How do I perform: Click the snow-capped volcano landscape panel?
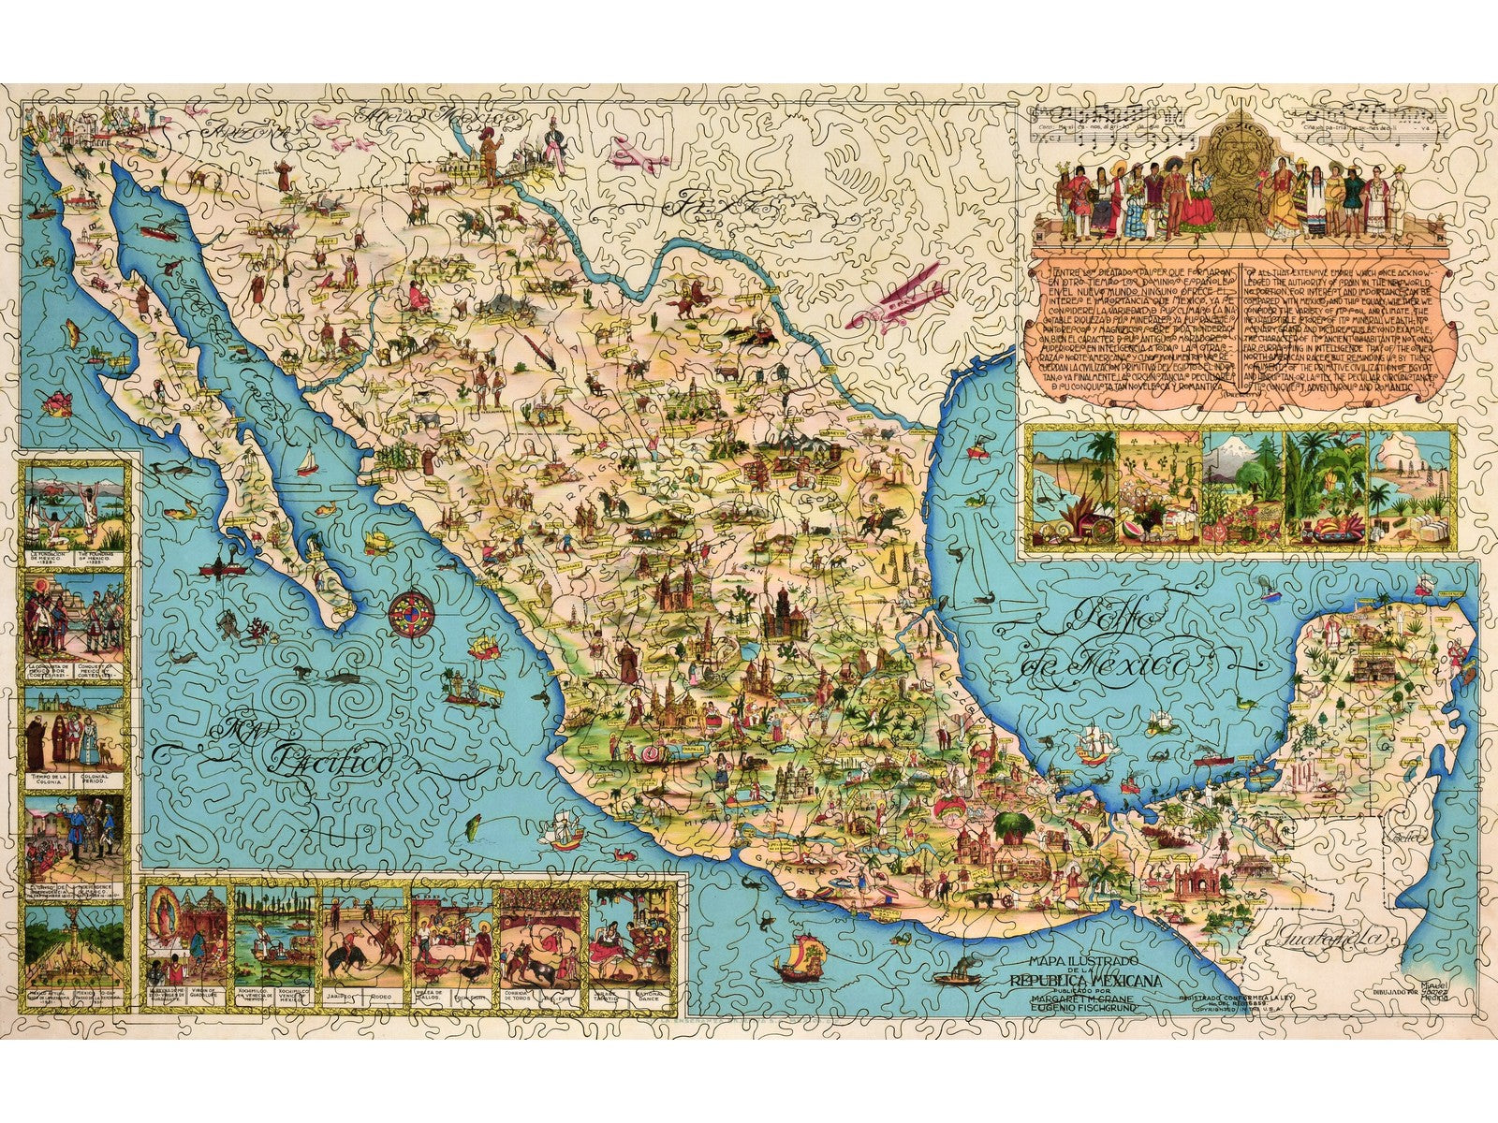click(1241, 488)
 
